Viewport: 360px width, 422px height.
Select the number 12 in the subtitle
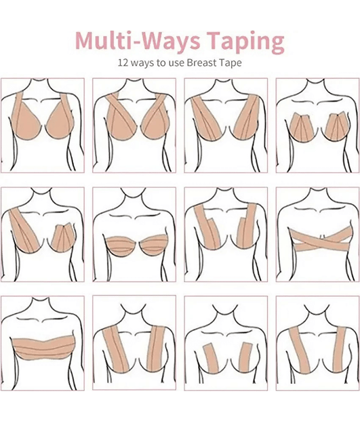coord(123,63)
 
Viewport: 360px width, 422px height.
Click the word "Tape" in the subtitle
coord(230,63)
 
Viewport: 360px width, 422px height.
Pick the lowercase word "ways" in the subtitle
coord(142,63)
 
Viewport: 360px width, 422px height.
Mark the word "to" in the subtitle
coord(162,63)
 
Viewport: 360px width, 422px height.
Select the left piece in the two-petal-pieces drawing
coord(304,127)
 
